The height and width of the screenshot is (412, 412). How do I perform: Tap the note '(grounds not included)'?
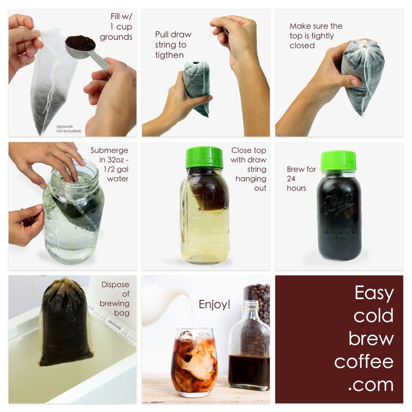[68, 129]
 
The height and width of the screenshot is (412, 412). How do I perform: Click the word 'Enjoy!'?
[214, 304]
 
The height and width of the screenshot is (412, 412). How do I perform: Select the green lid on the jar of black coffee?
[338, 160]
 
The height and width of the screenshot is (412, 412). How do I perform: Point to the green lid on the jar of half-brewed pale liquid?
[204, 158]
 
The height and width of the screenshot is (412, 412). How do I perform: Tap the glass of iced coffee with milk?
[194, 363]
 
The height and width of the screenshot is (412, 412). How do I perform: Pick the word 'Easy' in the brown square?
[374, 293]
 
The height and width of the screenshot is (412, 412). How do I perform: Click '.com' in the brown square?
[371, 385]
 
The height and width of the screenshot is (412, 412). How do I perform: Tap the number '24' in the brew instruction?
[291, 179]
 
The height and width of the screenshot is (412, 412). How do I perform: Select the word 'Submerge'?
[109, 150]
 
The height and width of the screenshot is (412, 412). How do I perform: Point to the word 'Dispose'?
[115, 285]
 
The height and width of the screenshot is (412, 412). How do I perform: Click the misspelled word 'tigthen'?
[169, 55]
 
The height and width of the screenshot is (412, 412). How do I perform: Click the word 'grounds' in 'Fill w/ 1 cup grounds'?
[116, 37]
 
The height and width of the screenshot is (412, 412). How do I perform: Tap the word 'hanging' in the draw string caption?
[251, 179]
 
